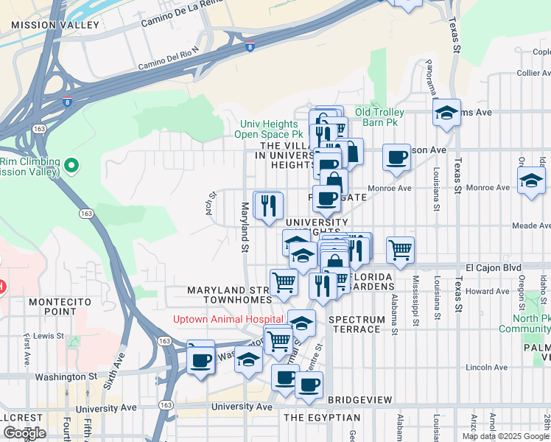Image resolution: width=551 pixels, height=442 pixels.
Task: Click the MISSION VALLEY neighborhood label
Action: point(55,25)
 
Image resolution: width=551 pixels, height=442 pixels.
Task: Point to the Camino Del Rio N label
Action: point(169,63)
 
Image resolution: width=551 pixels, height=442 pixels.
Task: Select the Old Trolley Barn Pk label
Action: point(380,117)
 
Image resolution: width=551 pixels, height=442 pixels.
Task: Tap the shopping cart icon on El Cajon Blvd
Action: point(400,250)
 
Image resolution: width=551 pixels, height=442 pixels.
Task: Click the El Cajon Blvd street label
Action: point(493,267)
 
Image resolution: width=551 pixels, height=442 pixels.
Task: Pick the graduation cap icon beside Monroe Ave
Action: point(531,180)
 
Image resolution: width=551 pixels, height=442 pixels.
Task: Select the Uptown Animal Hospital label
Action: point(228,319)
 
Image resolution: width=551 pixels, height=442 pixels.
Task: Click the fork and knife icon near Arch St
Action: point(268,204)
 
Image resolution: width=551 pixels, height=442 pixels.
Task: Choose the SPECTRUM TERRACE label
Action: point(357,324)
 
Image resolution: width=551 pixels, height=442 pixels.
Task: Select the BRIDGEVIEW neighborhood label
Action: point(359,399)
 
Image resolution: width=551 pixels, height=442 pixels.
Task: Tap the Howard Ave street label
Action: point(487,292)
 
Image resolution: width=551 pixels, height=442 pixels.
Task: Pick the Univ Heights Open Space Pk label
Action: point(268,130)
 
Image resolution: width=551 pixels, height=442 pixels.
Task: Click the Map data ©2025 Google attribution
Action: point(505,436)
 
